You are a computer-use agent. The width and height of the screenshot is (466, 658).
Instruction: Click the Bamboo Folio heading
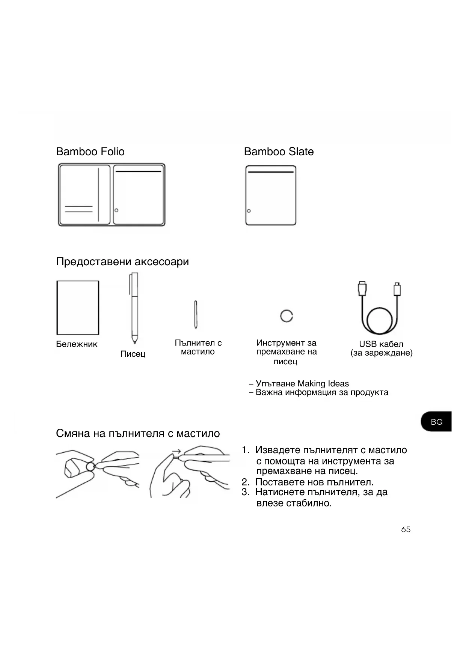coord(90,152)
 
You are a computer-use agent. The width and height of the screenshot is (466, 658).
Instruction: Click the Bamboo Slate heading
coord(279,152)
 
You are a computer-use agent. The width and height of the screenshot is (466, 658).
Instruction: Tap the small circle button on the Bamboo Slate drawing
coord(249,211)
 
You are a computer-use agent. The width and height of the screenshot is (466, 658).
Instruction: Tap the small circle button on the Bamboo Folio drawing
coord(116,210)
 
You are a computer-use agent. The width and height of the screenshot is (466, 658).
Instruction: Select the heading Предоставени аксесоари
coord(122,261)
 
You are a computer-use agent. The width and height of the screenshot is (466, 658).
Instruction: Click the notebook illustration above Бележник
coord(78,308)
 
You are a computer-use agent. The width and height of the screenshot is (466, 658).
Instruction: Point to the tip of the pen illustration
coord(134,342)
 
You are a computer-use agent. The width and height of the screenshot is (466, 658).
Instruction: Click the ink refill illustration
coord(196,314)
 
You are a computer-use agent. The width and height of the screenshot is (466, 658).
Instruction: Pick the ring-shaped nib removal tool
coord(287,316)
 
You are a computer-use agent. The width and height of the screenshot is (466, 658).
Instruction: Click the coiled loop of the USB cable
coord(380,321)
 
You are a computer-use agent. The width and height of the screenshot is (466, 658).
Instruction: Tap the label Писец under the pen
coord(133,354)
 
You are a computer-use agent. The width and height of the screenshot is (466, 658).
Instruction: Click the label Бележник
coord(77,344)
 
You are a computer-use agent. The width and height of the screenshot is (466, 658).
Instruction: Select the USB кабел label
coord(381,344)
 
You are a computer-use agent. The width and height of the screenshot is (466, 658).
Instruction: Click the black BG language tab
coord(436,422)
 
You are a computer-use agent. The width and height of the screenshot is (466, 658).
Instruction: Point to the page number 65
coord(406,529)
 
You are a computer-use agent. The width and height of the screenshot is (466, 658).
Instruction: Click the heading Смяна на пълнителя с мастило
coord(138,433)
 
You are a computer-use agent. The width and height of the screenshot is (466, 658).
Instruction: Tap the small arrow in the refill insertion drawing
coord(176,451)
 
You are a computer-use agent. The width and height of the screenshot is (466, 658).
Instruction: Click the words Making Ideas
coord(323,383)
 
